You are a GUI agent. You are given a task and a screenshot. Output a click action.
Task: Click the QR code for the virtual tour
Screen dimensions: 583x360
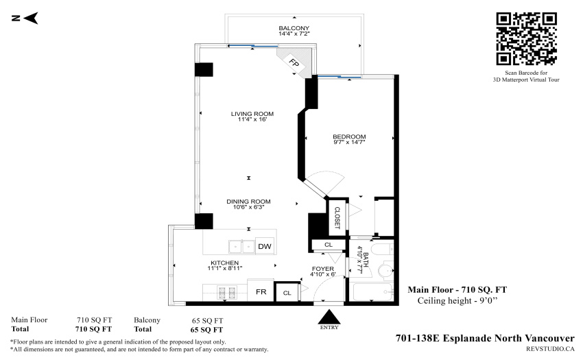(526, 39)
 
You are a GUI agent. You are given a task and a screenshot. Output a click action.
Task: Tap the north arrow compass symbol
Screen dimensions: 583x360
(25, 18)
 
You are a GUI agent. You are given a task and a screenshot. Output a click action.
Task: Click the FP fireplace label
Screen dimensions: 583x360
(294, 63)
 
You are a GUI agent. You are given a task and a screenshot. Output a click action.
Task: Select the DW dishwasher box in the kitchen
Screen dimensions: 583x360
(265, 246)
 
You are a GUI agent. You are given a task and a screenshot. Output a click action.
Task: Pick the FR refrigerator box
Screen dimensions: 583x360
(261, 291)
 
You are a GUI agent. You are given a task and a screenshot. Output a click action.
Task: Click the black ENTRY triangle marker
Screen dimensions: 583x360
(329, 317)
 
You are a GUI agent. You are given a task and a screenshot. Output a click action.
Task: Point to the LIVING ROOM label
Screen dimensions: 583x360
(252, 114)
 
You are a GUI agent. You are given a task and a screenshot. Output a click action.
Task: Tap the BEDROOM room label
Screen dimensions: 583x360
(349, 136)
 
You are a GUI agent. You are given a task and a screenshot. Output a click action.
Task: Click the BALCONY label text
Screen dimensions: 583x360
(294, 28)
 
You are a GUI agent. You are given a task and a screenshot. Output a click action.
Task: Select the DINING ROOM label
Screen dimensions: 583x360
(248, 202)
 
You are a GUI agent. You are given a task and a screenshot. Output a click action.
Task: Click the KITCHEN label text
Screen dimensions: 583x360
(224, 263)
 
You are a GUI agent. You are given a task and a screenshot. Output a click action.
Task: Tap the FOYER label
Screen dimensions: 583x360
(323, 269)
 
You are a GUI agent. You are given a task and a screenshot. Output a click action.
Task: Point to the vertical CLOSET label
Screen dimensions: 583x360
(337, 217)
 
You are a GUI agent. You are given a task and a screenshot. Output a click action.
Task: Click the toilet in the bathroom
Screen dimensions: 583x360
(386, 269)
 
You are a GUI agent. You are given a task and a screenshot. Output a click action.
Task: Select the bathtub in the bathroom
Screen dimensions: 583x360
(373, 292)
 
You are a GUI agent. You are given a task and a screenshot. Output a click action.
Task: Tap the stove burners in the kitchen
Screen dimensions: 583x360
(227, 293)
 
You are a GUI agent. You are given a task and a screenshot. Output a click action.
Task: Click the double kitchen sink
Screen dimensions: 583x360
(241, 246)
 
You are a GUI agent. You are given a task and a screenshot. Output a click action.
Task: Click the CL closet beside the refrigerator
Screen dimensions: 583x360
(287, 293)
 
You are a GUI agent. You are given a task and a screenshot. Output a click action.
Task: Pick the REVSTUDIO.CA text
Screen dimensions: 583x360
(550, 349)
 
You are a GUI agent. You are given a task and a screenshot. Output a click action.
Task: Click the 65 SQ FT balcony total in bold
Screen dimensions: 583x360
(206, 330)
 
